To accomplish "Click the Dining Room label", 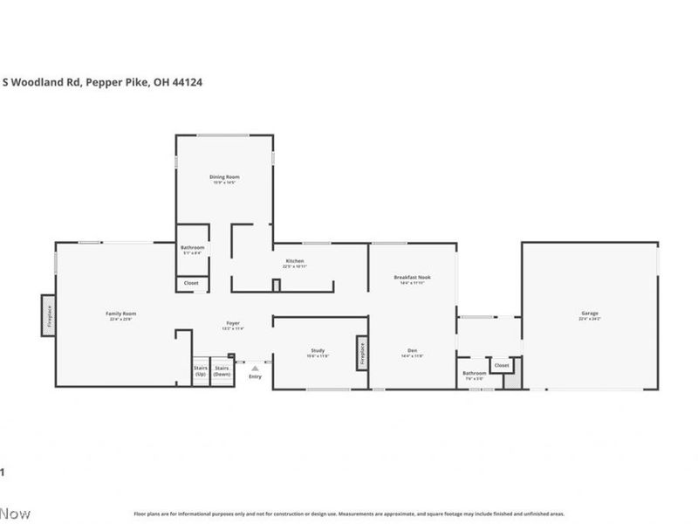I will tap(224, 177).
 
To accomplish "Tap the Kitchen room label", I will tap(295, 261).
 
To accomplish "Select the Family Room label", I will tap(121, 314).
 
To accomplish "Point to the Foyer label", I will tap(233, 323).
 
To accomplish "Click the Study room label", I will tap(318, 350).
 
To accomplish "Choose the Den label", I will tap(411, 350).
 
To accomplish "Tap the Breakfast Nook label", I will tap(411, 277).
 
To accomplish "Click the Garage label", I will tap(590, 313).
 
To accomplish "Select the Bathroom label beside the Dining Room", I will tap(193, 247).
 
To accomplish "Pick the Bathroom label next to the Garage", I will tap(475, 373).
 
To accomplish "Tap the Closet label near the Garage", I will tap(502, 365).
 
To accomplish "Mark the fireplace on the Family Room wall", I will tap(48, 314).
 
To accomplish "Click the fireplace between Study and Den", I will tap(360, 352).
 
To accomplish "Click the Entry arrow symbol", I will tap(255, 369).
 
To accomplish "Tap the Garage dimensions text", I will tap(590, 320).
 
